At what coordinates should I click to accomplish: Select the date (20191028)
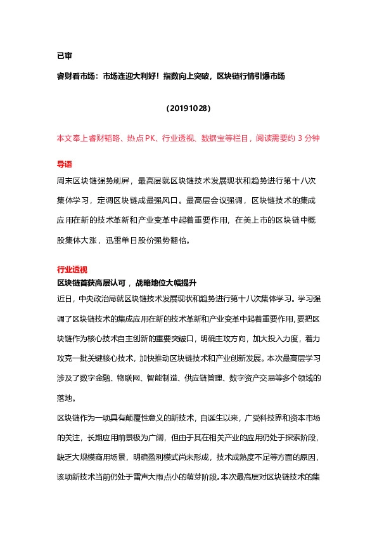point(188,108)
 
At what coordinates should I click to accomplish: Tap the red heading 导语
point(65,164)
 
